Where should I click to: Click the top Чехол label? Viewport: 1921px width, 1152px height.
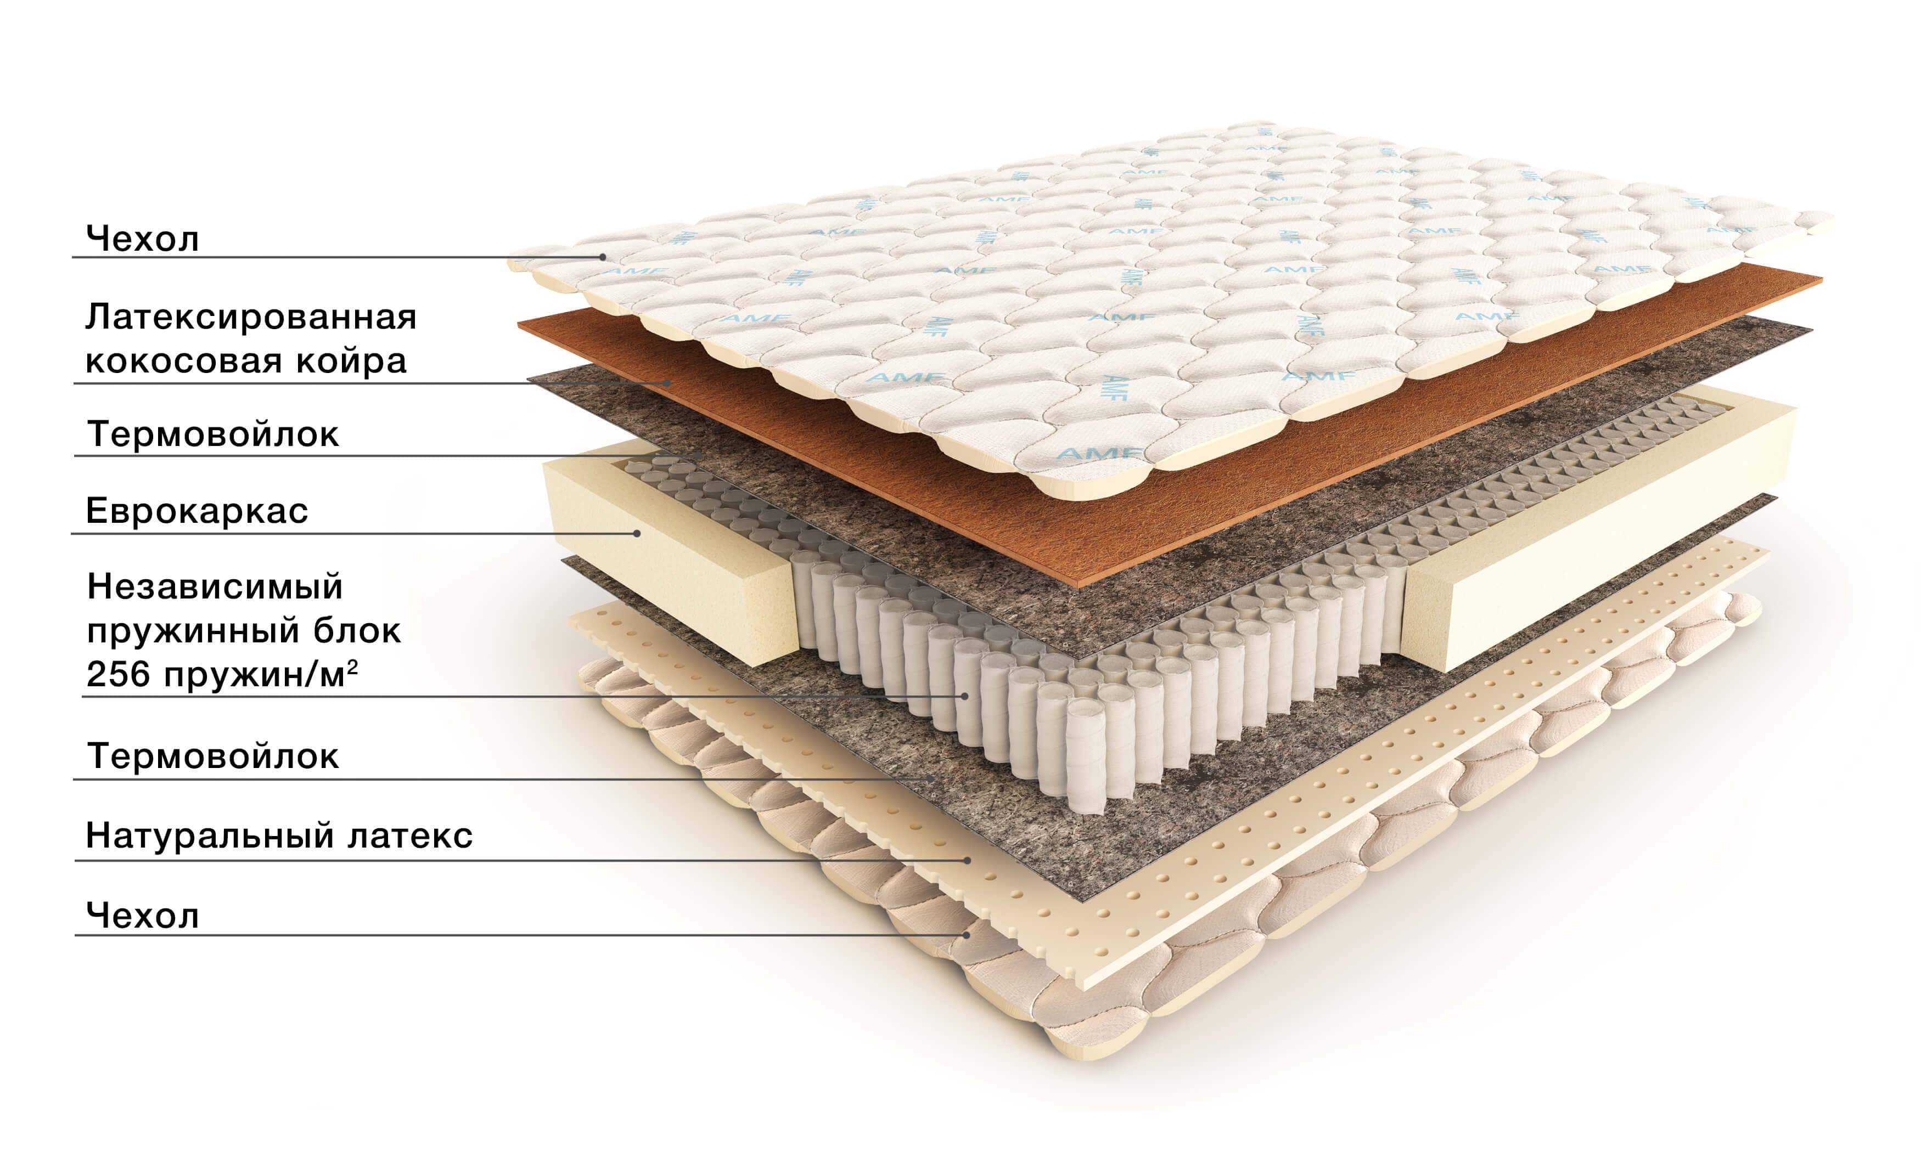pyautogui.click(x=142, y=238)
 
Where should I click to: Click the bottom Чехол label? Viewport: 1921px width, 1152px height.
pyautogui.click(x=142, y=916)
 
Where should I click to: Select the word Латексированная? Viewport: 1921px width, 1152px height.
pyautogui.click(x=251, y=317)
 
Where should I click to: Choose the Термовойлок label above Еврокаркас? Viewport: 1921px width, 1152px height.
pyautogui.click(x=213, y=434)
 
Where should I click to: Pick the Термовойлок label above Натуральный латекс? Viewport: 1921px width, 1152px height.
pyautogui.click(x=213, y=756)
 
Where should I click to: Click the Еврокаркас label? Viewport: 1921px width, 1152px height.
pyautogui.click(x=196, y=511)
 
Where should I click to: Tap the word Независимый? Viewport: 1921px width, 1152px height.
pyautogui.click(x=214, y=587)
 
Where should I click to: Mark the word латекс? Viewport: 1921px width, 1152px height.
pyautogui.click(x=410, y=837)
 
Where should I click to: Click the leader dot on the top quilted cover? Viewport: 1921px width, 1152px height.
pyautogui.click(x=603, y=257)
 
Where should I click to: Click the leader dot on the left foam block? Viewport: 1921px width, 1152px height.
pyautogui.click(x=637, y=533)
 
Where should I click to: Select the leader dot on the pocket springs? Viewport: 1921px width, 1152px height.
pyautogui.click(x=965, y=696)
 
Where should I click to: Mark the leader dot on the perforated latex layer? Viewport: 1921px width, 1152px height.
pyautogui.click(x=968, y=860)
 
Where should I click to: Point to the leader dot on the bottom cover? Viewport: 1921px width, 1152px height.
pyautogui.click(x=967, y=935)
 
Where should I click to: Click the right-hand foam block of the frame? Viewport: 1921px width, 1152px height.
pyautogui.click(x=1599, y=535)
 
